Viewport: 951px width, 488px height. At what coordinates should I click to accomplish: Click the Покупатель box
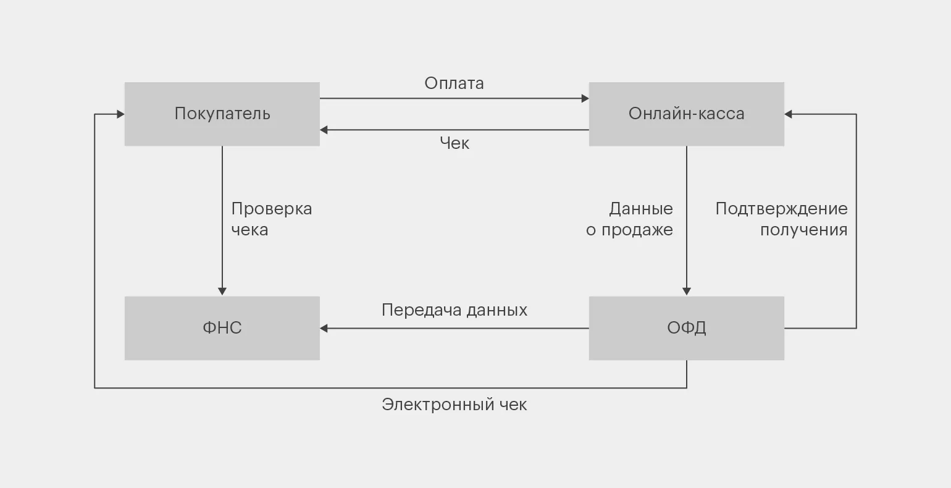point(222,114)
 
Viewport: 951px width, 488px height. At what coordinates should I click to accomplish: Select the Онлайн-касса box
point(686,114)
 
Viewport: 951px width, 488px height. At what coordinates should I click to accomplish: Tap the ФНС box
point(222,328)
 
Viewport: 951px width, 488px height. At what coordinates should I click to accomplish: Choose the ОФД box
point(686,328)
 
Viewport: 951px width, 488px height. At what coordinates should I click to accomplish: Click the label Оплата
point(454,83)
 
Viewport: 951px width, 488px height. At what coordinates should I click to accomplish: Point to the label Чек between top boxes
point(455,143)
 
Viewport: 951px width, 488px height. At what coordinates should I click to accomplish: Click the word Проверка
point(272,209)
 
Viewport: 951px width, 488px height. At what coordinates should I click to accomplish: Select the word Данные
point(641,209)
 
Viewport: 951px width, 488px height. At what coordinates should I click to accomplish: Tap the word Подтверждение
point(781,209)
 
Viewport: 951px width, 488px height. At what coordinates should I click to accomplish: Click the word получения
point(803,230)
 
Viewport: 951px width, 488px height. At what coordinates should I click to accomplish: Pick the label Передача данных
point(455,309)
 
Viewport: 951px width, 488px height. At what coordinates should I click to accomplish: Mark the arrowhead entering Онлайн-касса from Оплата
point(585,98)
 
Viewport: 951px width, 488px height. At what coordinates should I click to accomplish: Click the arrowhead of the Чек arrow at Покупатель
point(324,130)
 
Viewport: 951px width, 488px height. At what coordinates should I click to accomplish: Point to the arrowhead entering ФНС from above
point(222,292)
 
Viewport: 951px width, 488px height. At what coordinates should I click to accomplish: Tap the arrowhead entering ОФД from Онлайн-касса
point(686,292)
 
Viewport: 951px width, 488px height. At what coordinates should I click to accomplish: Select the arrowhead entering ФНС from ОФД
point(324,328)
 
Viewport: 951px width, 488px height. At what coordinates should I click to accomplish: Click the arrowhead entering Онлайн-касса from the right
point(789,114)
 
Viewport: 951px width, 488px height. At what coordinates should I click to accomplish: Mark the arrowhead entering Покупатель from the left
point(120,114)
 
